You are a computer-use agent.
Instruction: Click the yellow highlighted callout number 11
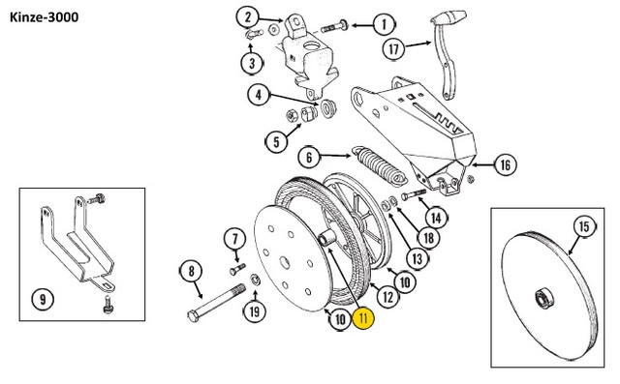pyautogui.click(x=364, y=318)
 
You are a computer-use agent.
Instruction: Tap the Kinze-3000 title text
pyautogui.click(x=44, y=17)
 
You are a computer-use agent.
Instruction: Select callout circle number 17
pyautogui.click(x=394, y=49)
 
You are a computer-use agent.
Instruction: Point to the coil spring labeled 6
pyautogui.click(x=379, y=166)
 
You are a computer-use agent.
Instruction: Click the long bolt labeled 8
pyautogui.click(x=216, y=301)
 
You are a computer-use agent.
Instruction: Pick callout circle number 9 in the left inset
pyautogui.click(x=43, y=299)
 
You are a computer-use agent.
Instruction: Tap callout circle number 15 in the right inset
pyautogui.click(x=584, y=227)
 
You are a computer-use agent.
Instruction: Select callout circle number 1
pyautogui.click(x=384, y=25)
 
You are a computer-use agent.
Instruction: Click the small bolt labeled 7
pyautogui.click(x=237, y=269)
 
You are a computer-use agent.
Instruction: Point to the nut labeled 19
pyautogui.click(x=255, y=280)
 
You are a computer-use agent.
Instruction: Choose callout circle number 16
pyautogui.click(x=506, y=164)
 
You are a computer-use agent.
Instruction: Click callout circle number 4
pyautogui.click(x=259, y=95)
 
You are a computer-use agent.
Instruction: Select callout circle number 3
pyautogui.click(x=252, y=62)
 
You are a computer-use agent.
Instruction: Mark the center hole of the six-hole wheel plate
pyautogui.click(x=285, y=262)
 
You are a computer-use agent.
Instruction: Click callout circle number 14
pyautogui.click(x=436, y=218)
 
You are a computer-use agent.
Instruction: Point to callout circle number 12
pyautogui.click(x=387, y=296)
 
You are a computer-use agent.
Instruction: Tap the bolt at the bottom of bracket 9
pyautogui.click(x=108, y=305)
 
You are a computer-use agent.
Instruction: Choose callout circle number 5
pyautogui.click(x=276, y=141)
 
